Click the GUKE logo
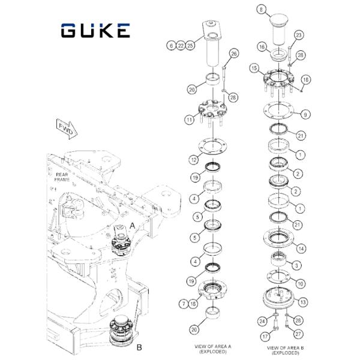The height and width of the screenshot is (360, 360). click(x=95, y=31)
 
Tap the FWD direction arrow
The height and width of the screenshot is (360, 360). click(x=67, y=130)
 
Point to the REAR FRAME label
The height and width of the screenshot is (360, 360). click(x=62, y=177)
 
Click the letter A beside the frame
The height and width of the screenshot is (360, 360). click(x=133, y=226)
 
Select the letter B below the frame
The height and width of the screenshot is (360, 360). click(x=139, y=347)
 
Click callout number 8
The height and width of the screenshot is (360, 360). click(x=261, y=10)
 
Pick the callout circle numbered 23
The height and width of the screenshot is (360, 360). click(x=298, y=35)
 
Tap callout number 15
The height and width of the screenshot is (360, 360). click(x=254, y=68)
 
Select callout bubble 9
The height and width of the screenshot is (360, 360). click(x=305, y=115)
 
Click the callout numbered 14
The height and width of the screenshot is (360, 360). click(x=301, y=248)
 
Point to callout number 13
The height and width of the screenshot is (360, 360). click(x=303, y=302)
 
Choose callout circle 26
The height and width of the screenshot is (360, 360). click(x=234, y=54)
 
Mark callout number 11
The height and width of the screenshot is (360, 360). click(x=189, y=119)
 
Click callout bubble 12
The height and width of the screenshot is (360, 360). click(x=194, y=160)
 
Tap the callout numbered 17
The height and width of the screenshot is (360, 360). click(x=265, y=337)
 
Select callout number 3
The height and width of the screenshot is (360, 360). click(x=296, y=266)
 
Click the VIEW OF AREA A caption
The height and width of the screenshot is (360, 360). click(x=213, y=349)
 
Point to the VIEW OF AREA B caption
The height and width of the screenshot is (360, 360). click(x=286, y=350)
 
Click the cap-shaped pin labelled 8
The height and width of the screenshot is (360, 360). click(x=278, y=29)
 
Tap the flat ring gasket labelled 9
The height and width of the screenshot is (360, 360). click(x=278, y=111)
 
